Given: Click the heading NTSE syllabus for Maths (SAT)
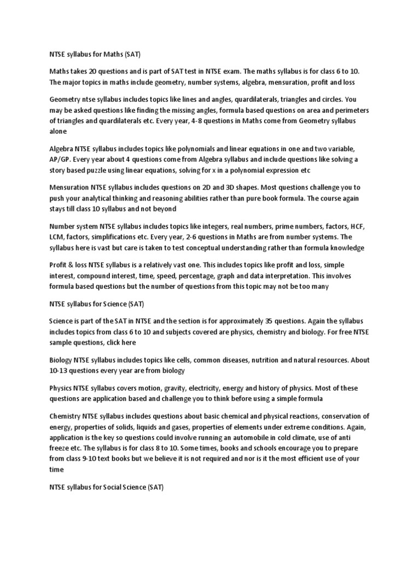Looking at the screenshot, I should tap(96, 54).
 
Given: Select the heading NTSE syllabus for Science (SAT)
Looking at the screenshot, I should tap(97, 303).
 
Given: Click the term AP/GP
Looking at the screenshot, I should tap(62, 159).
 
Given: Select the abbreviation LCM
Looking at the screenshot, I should tap(58, 237).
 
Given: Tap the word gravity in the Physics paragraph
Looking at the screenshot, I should tap(165, 388).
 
